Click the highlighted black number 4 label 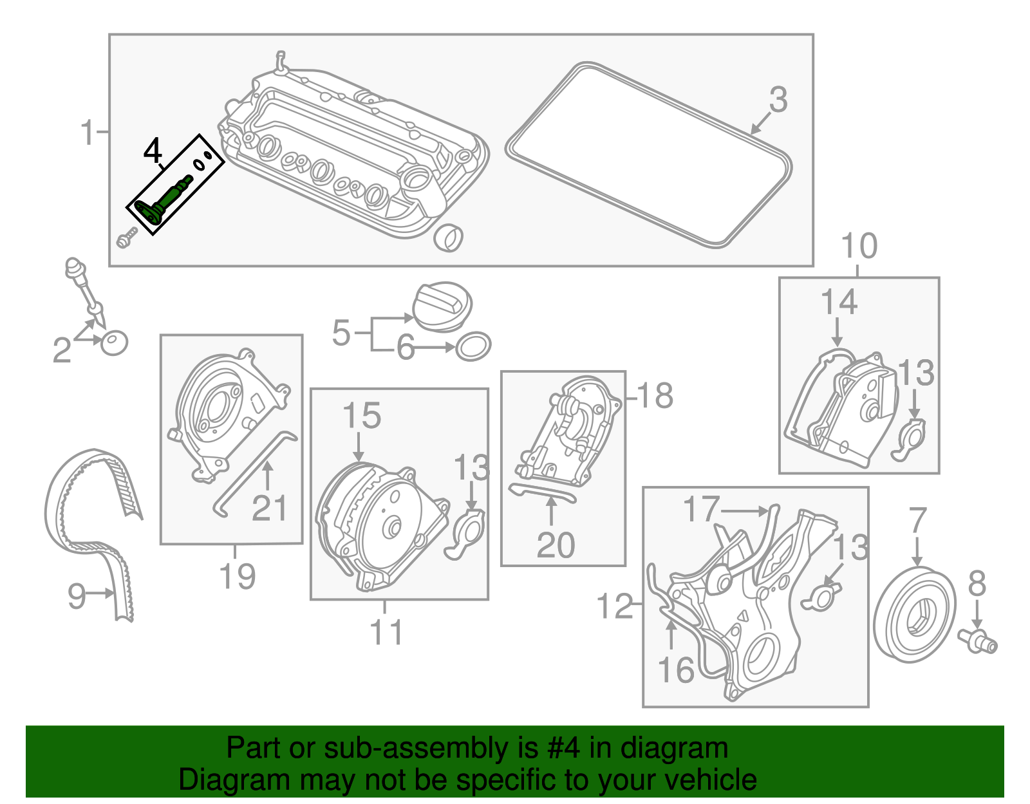coord(153,152)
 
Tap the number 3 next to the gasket coord(778,100)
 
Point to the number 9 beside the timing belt coord(76,595)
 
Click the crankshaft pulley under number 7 coord(914,615)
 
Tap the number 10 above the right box coord(859,246)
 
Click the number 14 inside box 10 coord(839,302)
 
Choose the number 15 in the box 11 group coord(361,416)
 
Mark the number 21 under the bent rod coord(269,508)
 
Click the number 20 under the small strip coord(555,545)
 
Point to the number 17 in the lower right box coord(700,509)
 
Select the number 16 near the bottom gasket coord(676,670)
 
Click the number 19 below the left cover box coord(237,575)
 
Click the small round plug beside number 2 coord(115,342)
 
